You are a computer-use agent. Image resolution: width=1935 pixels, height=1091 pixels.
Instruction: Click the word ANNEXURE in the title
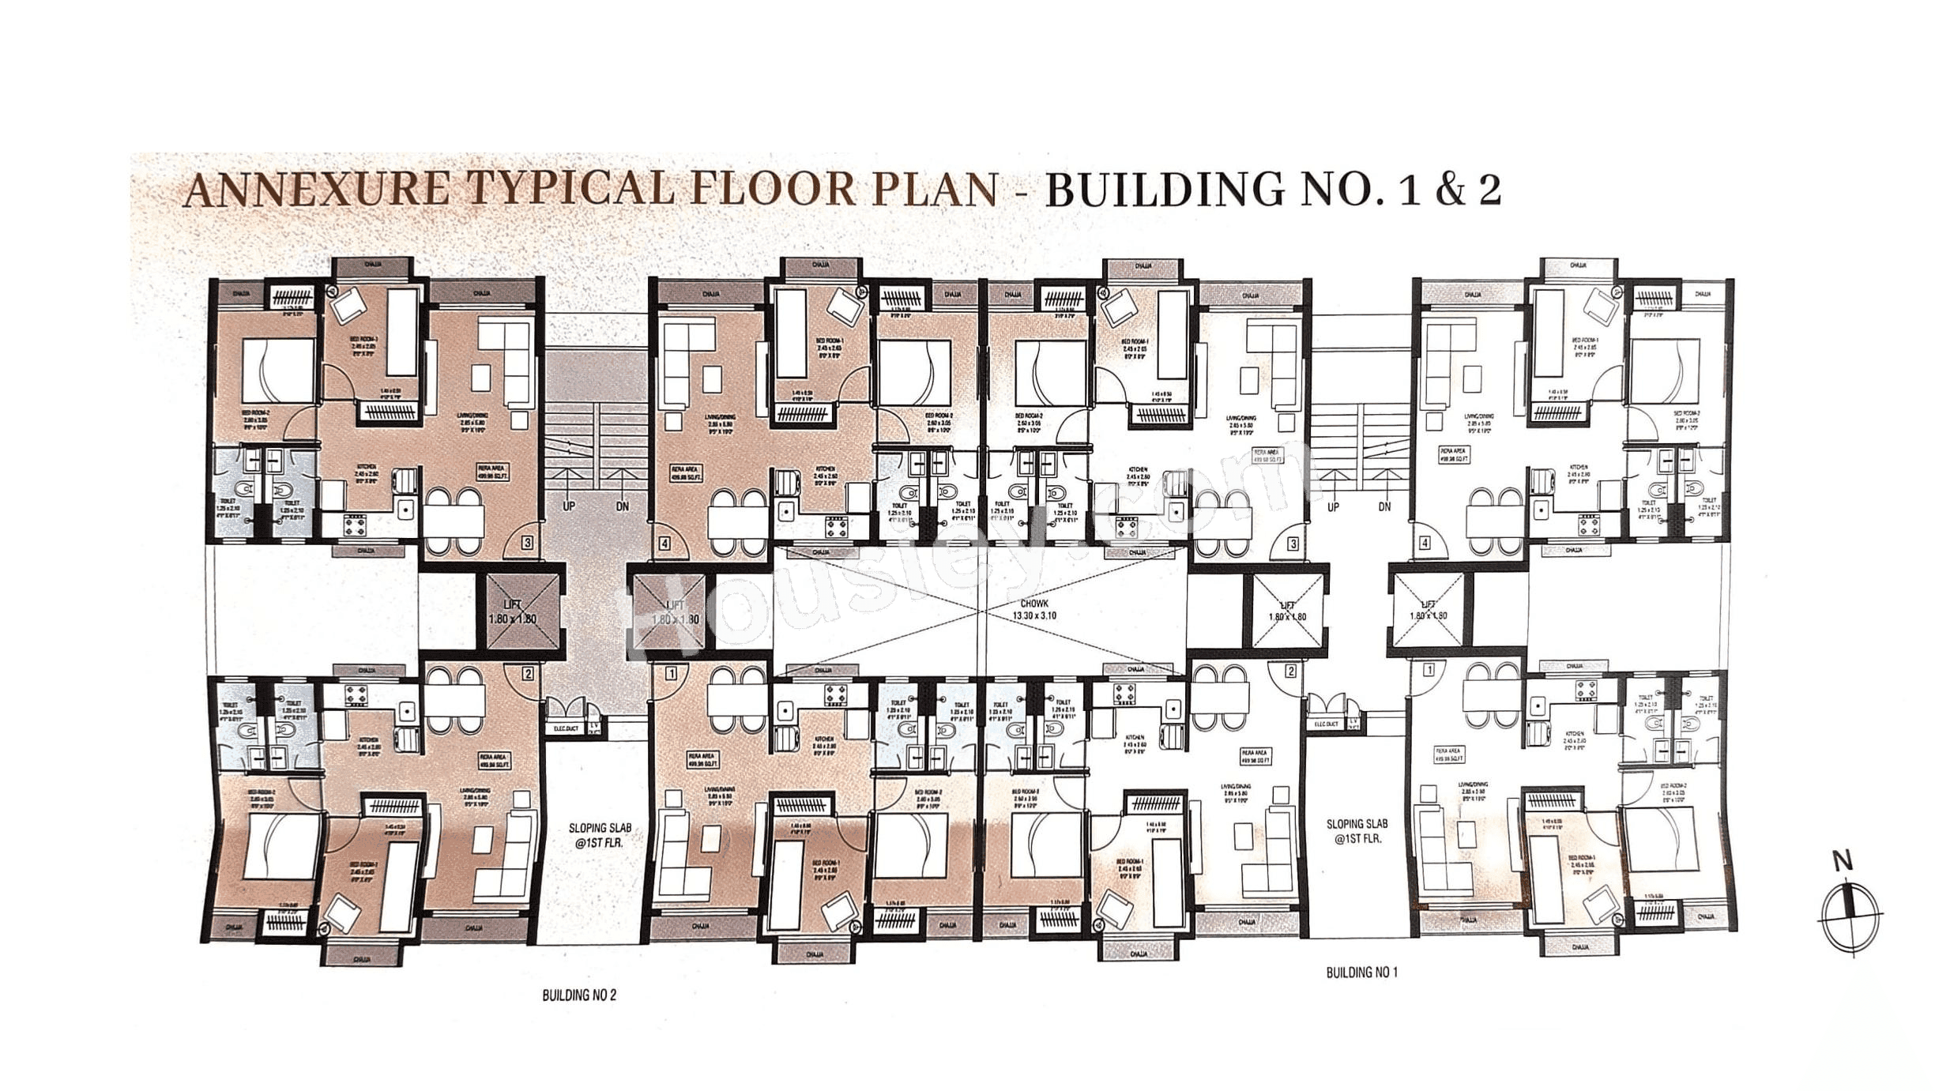coord(316,191)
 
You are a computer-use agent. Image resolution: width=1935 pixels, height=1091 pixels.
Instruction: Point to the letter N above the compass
coord(1843,862)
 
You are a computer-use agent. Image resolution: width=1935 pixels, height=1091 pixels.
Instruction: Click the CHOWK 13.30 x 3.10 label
coord(1034,608)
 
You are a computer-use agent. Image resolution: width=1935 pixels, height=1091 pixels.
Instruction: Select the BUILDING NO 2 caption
coord(578,995)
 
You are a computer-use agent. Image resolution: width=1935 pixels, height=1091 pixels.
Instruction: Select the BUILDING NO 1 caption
coord(1361,972)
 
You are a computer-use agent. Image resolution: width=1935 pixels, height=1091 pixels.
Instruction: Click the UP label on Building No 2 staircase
coord(568,506)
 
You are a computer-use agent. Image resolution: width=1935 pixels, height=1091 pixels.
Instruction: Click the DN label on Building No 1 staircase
coord(1384,507)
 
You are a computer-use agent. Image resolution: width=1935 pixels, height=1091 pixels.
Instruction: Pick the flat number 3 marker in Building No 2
coord(527,544)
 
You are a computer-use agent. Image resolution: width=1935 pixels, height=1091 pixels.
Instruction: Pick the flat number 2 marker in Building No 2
coord(527,673)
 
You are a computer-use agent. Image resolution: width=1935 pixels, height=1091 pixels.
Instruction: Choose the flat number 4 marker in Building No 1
coord(1425,544)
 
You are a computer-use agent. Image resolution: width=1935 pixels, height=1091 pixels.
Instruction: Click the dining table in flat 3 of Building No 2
coord(454,521)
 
